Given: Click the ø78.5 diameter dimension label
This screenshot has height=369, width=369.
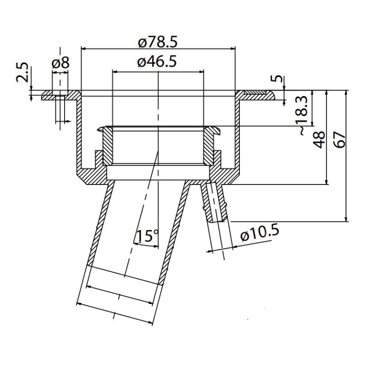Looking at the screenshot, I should [158, 42].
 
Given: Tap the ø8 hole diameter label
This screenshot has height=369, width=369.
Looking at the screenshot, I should [60, 63].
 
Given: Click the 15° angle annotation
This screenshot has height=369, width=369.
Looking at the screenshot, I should [147, 237].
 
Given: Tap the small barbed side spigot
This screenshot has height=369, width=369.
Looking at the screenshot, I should [216, 202].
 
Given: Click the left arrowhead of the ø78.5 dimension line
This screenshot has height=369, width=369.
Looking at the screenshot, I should [83, 48].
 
